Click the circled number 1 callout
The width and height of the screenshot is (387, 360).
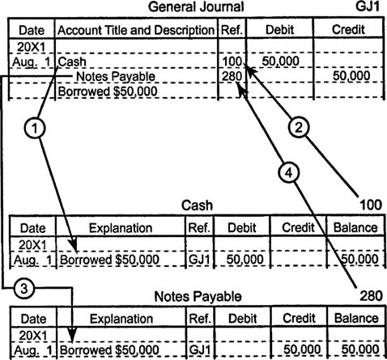click(x=35, y=128)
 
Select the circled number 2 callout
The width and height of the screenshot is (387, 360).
click(x=299, y=127)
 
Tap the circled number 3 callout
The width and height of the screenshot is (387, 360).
click(x=24, y=289)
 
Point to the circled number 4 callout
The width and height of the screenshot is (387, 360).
click(x=289, y=172)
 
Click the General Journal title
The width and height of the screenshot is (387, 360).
click(x=196, y=6)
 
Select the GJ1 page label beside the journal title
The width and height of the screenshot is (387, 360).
click(x=368, y=6)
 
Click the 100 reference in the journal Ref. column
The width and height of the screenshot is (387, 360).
click(x=232, y=61)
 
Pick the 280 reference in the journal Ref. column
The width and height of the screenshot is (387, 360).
click(x=232, y=76)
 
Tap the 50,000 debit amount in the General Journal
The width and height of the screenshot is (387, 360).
click(x=280, y=61)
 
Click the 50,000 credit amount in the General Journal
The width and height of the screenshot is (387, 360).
click(x=351, y=76)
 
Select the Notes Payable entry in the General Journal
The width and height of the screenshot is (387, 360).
click(x=116, y=76)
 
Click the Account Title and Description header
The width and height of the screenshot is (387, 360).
click(x=136, y=30)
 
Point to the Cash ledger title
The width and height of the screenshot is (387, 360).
click(x=197, y=205)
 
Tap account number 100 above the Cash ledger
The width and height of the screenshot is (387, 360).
click(x=371, y=205)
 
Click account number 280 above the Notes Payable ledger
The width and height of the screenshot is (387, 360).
click(x=371, y=296)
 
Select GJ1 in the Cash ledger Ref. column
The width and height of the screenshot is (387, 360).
click(x=199, y=260)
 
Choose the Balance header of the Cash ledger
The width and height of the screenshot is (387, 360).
click(x=355, y=228)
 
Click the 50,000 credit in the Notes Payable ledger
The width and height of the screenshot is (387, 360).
click(x=302, y=349)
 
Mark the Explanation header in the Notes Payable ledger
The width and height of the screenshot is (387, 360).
click(x=121, y=319)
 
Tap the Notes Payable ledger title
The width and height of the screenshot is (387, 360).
click(x=198, y=297)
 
